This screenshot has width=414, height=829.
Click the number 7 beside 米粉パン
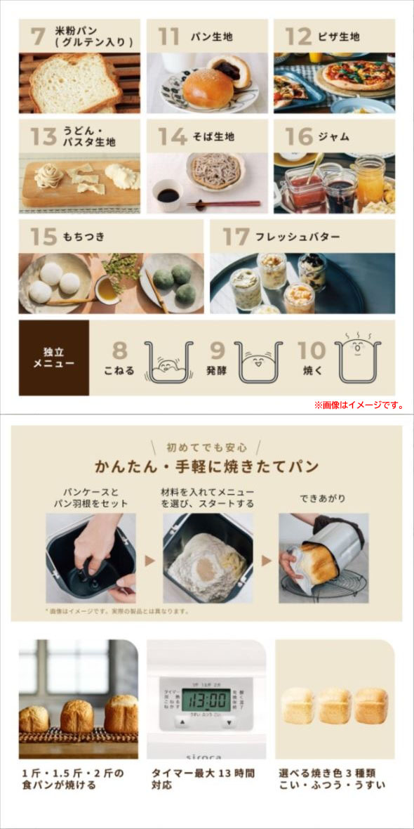[x=37, y=36]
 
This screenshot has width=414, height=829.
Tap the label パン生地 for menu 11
[x=212, y=37]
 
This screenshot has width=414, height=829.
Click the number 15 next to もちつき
[x=43, y=236]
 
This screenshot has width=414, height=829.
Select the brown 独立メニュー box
[x=54, y=358]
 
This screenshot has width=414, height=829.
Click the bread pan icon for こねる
[x=168, y=362]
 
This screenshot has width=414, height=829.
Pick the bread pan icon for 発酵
[x=258, y=362]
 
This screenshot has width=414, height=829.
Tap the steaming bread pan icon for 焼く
[x=357, y=358]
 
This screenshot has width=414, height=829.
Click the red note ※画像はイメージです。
[x=359, y=405]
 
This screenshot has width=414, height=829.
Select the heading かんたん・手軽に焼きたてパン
[x=206, y=466]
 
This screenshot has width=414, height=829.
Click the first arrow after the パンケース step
[x=149, y=561]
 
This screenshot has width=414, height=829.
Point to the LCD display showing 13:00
[x=206, y=700]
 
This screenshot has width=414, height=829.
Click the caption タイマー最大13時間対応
[x=203, y=778]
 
